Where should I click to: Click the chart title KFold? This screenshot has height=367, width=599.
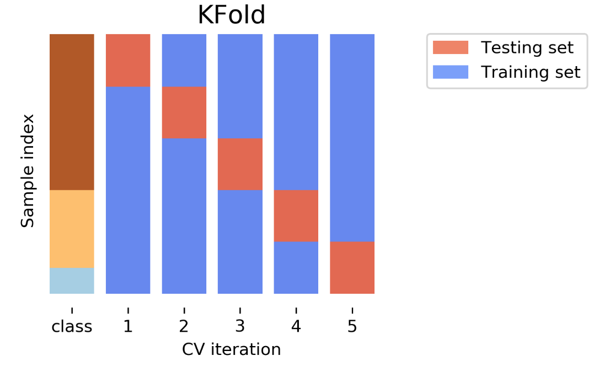click(x=232, y=15)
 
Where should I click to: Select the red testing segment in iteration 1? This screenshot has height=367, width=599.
click(x=128, y=60)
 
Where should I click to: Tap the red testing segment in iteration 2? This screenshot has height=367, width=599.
click(x=184, y=112)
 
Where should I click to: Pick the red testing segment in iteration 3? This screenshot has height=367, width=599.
click(x=240, y=164)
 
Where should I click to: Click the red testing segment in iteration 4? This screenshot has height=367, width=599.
click(x=296, y=216)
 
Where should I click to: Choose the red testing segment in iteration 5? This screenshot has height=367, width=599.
click(x=352, y=268)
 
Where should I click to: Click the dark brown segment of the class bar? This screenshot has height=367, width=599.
click(x=72, y=112)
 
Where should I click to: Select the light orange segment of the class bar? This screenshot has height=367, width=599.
click(x=72, y=229)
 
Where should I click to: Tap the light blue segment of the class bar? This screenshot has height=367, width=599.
click(x=72, y=280)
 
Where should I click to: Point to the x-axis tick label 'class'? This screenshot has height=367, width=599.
click(x=72, y=327)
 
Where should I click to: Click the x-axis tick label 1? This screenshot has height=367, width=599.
click(x=128, y=327)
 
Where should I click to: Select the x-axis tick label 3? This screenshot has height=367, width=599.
click(x=240, y=327)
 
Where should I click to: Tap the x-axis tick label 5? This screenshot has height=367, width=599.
click(x=352, y=327)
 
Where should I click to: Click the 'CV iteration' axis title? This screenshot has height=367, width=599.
click(x=231, y=349)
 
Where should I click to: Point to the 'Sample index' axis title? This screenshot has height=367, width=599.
click(x=28, y=171)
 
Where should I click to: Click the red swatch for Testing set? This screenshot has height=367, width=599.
click(x=450, y=47)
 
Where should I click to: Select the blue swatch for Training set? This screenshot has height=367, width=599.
click(x=450, y=72)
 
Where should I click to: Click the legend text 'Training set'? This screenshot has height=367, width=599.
click(x=531, y=72)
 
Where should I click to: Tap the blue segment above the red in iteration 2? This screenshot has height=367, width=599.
click(x=184, y=60)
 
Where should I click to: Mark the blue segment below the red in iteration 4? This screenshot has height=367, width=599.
click(x=296, y=268)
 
